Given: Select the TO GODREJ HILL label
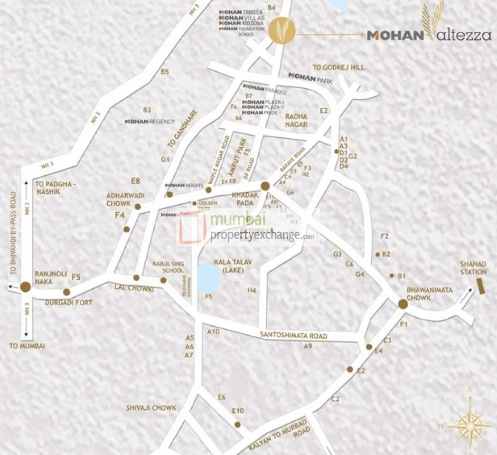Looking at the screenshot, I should point(339,68).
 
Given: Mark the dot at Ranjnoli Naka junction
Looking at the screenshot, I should point(25,287).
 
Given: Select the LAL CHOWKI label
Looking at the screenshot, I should point(134,289).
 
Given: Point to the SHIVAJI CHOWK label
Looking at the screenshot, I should point(151,408).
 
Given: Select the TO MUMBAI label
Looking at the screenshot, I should point(27,346).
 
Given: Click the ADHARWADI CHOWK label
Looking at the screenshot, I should point(126,199).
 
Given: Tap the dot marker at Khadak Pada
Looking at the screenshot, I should point(265,185).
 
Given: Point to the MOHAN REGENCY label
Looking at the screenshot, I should point(149,121).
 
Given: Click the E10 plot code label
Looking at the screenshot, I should point(238,411).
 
